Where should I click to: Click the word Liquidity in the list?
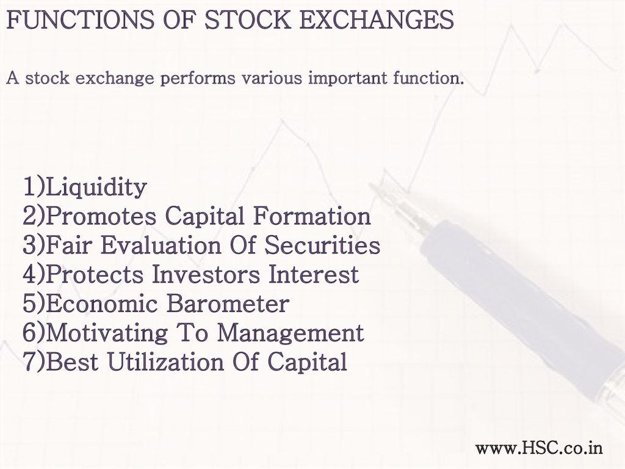coord(96,187)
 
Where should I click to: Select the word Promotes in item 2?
coord(101,217)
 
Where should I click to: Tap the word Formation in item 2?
coord(312,216)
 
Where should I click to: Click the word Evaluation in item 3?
coord(161,244)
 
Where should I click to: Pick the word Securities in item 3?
coord(322,244)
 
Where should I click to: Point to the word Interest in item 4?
coord(314,274)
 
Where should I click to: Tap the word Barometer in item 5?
coord(228,303)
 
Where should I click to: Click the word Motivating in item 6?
coord(107,333)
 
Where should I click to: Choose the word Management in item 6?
coord(291,333)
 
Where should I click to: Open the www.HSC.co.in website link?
coord(539,448)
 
